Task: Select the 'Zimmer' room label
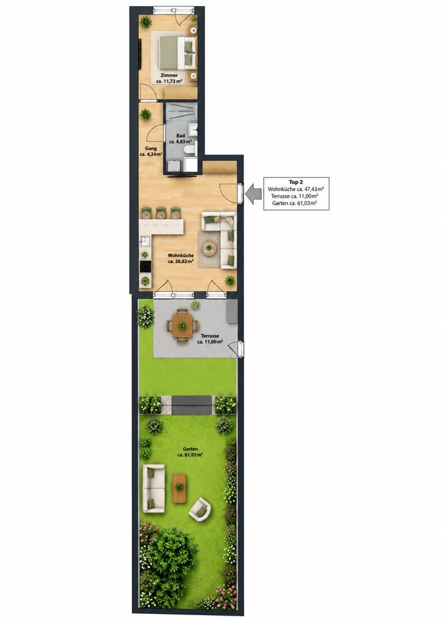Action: (x=169, y=75)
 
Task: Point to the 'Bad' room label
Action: (x=180, y=136)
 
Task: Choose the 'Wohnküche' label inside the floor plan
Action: (x=180, y=256)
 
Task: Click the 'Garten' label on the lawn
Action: (x=190, y=449)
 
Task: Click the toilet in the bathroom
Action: (x=190, y=149)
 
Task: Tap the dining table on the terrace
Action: (x=182, y=326)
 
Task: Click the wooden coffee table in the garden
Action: (x=179, y=488)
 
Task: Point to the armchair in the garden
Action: (x=199, y=509)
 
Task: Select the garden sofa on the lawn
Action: (x=154, y=489)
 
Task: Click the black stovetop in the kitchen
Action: (x=145, y=267)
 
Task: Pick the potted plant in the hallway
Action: (x=146, y=115)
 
